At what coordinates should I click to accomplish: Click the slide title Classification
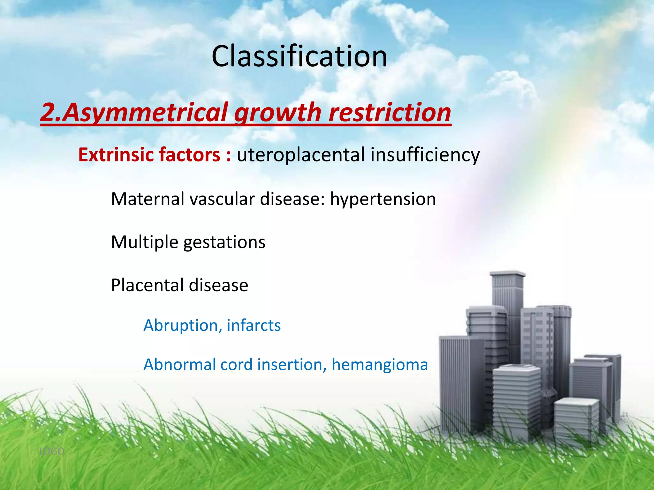pyautogui.click(x=299, y=56)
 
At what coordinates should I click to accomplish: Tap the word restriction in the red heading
pyautogui.click(x=390, y=112)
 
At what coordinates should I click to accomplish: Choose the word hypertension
pyautogui.click(x=383, y=199)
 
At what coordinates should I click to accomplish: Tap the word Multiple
pyautogui.click(x=144, y=242)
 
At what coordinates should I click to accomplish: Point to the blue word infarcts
pyautogui.click(x=254, y=325)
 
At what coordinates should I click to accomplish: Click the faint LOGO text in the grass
pyautogui.click(x=51, y=451)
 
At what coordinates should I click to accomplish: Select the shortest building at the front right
pyautogui.click(x=576, y=421)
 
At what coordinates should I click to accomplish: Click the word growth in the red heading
pyautogui.click(x=277, y=112)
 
